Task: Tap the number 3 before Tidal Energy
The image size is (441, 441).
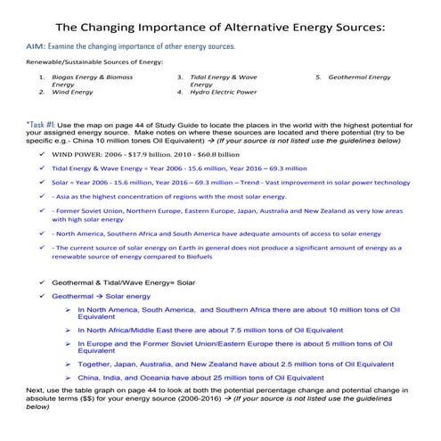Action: pos(180,78)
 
